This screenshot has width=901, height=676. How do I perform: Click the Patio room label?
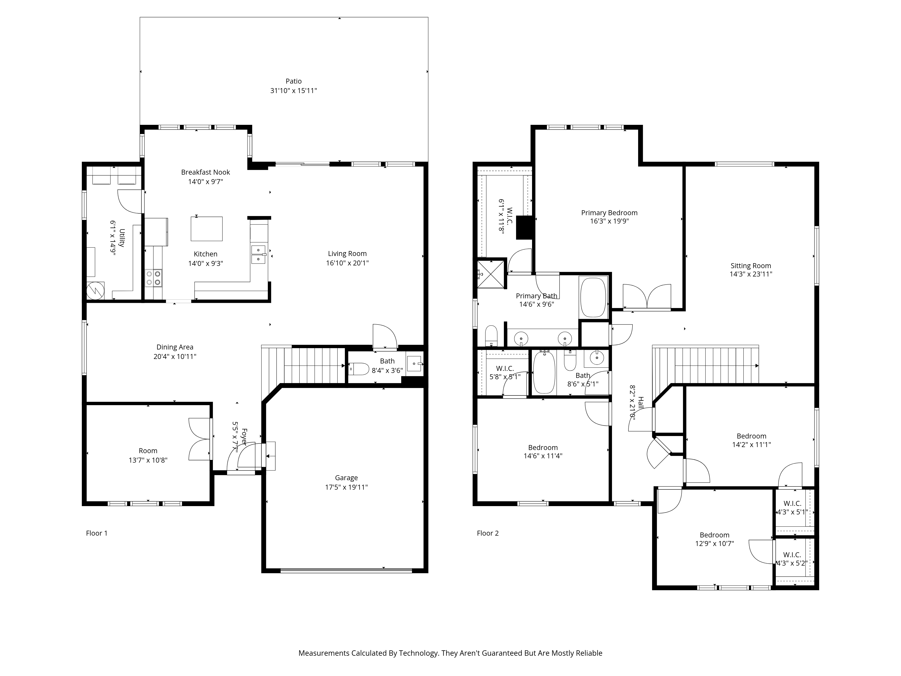[293, 81]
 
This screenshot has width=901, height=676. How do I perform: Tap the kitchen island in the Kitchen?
[207, 228]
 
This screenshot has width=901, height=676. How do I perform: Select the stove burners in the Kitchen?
[154, 278]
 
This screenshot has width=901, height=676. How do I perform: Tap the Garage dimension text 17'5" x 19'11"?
[346, 487]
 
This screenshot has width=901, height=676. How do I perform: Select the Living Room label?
[347, 253]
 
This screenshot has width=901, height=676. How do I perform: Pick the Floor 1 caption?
[97, 533]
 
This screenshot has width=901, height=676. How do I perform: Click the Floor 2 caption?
[488, 533]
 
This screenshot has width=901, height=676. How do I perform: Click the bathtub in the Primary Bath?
[593, 297]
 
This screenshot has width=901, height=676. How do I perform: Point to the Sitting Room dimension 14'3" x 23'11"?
[751, 274]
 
